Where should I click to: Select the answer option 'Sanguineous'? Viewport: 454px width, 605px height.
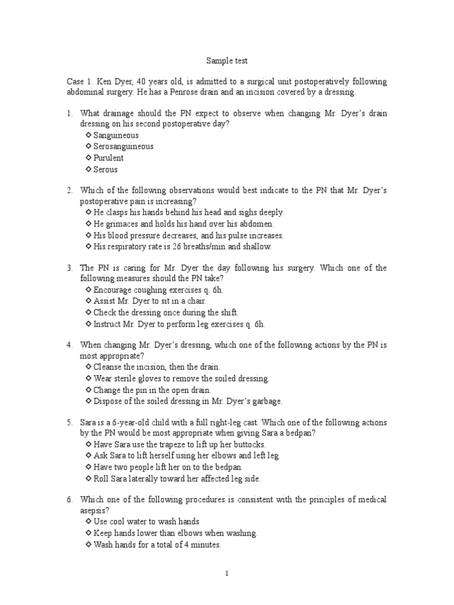click(116, 135)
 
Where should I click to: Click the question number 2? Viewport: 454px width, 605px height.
click(69, 190)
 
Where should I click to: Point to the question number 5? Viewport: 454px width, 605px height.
click(69, 422)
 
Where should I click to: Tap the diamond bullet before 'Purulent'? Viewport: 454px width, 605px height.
click(89, 158)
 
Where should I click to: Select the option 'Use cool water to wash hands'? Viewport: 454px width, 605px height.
click(147, 522)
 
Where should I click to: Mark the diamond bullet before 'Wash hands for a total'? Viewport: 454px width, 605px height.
click(89, 545)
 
